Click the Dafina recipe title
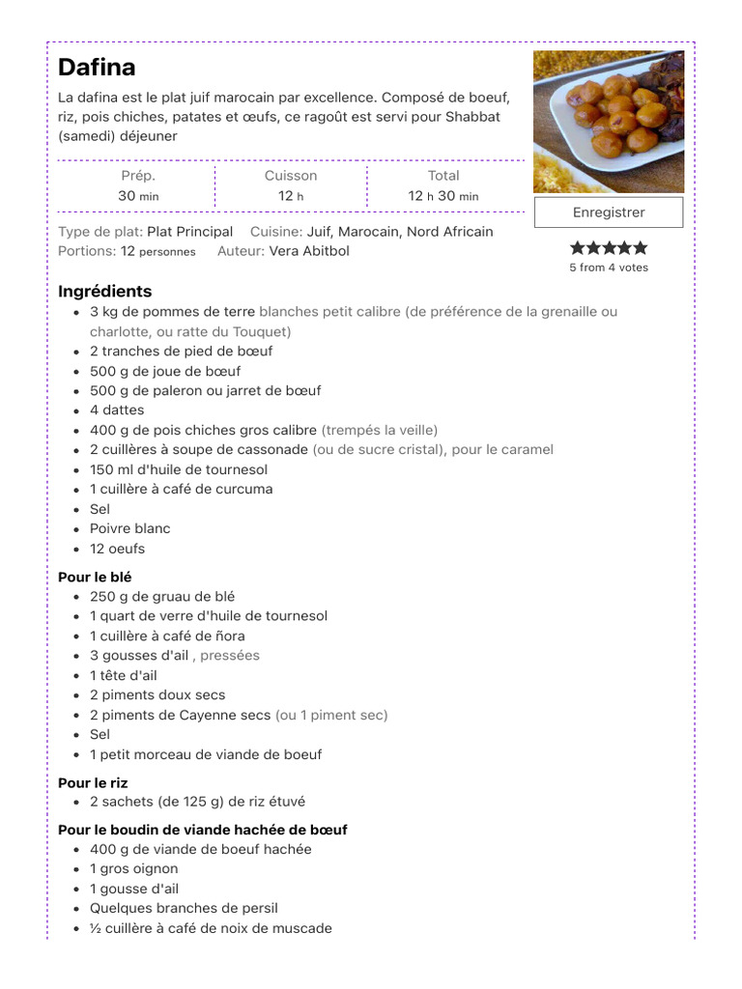97,68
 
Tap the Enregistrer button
609,212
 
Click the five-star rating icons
609,248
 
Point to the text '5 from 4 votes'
609,268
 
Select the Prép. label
138,176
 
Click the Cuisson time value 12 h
291,196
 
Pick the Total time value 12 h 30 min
443,196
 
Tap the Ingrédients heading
104,291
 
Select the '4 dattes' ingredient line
117,410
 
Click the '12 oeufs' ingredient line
117,549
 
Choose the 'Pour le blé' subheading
95,577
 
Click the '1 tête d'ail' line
123,675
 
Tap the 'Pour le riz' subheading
93,782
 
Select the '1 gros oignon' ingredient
134,868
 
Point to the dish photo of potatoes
609,121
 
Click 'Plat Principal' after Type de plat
189,232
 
